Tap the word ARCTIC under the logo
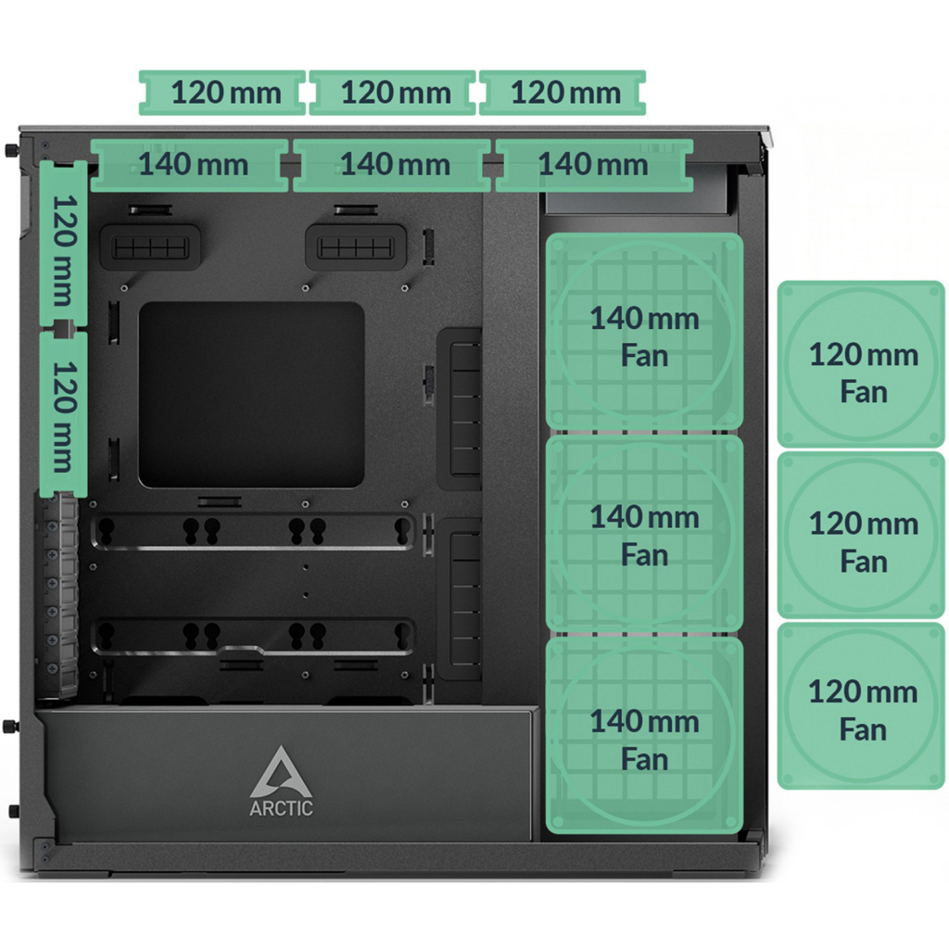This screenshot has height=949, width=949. point(281,807)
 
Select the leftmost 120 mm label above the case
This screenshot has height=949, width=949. point(222,93)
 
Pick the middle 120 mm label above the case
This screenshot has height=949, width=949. point(393,93)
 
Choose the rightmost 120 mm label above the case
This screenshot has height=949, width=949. point(563,93)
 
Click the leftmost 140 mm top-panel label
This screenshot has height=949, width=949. point(193,165)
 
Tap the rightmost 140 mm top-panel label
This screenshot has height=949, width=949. point(593,165)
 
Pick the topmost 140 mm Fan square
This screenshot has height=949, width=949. point(644,334)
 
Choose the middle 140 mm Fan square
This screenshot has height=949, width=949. point(644,534)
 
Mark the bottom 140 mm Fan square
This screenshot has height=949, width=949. point(644,738)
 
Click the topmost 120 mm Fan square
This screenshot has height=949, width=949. point(862,364)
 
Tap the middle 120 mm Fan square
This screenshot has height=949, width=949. point(862,535)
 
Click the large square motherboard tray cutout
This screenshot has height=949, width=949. point(251,394)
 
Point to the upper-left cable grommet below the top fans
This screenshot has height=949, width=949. point(150,247)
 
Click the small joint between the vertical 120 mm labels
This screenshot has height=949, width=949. point(64,328)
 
